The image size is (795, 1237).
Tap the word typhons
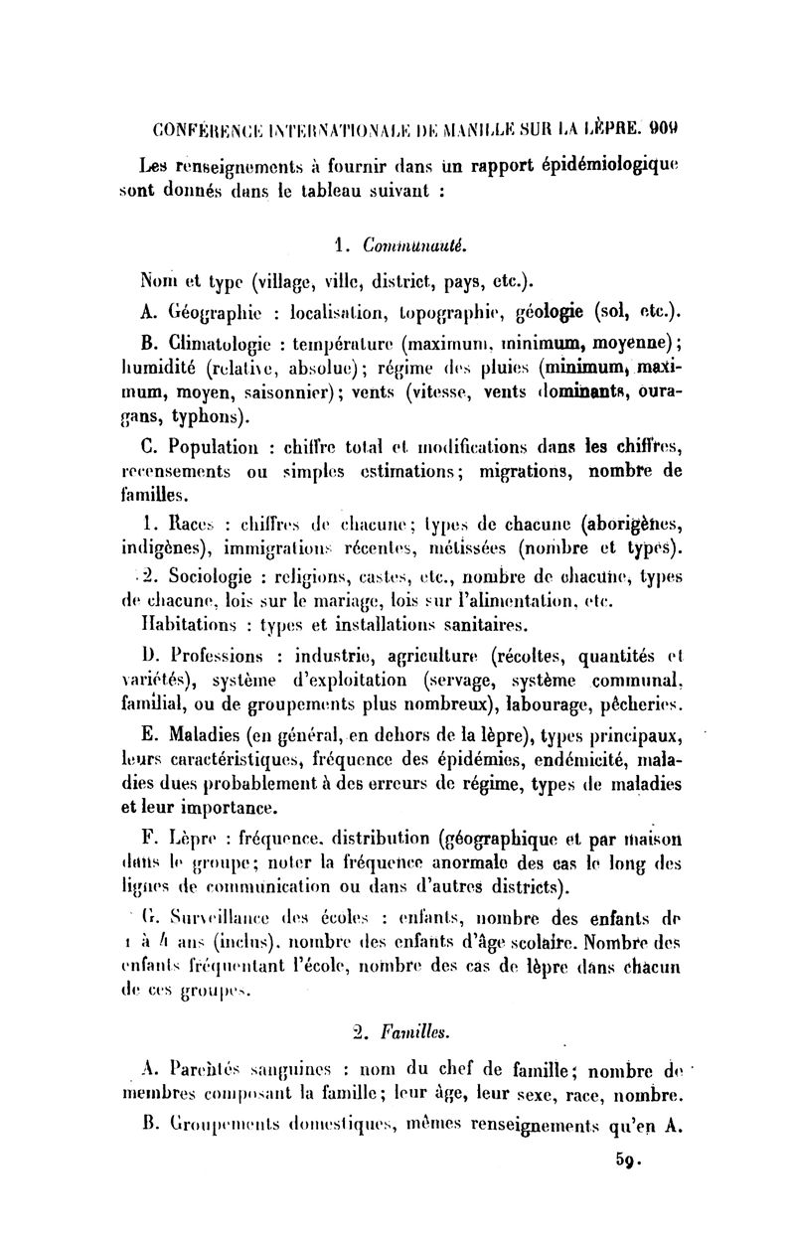(206, 413)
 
